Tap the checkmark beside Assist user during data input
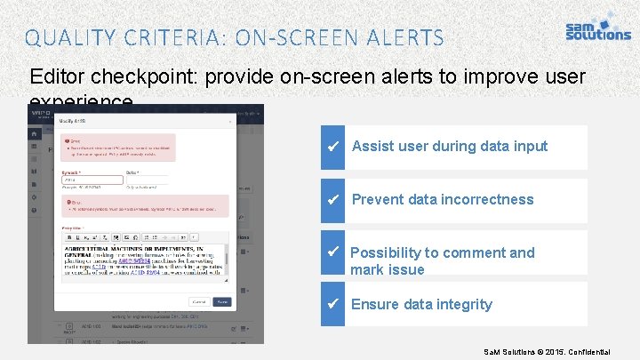click(334, 147)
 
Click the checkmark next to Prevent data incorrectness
click(334, 200)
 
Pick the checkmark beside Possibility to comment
click(334, 252)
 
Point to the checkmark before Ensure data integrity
click(334, 305)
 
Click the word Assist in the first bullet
click(372, 147)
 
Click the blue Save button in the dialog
click(222, 301)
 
